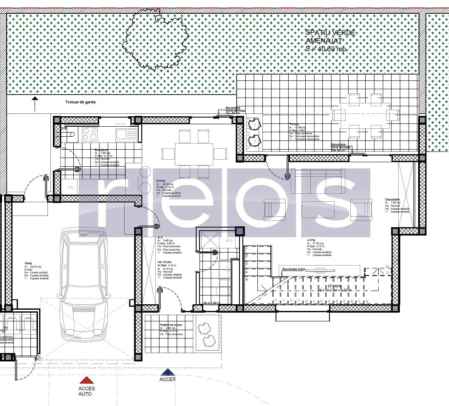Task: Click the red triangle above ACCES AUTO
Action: click(x=86, y=380)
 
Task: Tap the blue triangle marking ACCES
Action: click(x=167, y=372)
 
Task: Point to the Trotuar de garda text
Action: click(x=80, y=102)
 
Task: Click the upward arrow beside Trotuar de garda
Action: click(x=35, y=104)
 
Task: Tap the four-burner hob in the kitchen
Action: click(x=90, y=134)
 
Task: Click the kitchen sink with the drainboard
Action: click(x=126, y=134)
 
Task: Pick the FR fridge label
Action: click(x=71, y=188)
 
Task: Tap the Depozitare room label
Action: click(x=393, y=200)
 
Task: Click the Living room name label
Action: click(x=311, y=240)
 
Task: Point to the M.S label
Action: click(x=229, y=241)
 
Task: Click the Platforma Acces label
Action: click(x=171, y=324)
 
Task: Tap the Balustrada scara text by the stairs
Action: click(x=294, y=269)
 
